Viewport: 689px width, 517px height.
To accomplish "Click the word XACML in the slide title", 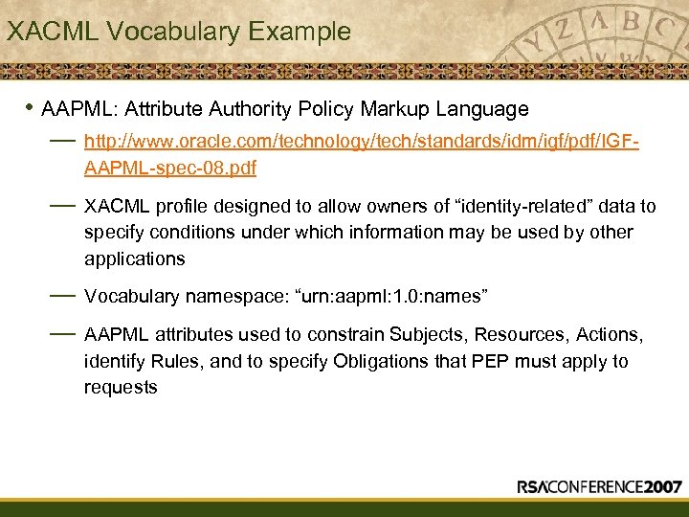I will tap(53, 32).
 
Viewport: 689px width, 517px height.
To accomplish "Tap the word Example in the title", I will tap(300, 32).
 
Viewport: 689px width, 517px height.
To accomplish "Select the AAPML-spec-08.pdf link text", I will tap(170, 169).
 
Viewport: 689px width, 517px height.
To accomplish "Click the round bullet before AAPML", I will tap(31, 108).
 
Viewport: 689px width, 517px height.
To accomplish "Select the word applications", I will tap(134, 258).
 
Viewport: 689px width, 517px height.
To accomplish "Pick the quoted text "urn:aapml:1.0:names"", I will tap(397, 297).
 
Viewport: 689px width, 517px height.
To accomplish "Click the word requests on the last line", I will tap(121, 387).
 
